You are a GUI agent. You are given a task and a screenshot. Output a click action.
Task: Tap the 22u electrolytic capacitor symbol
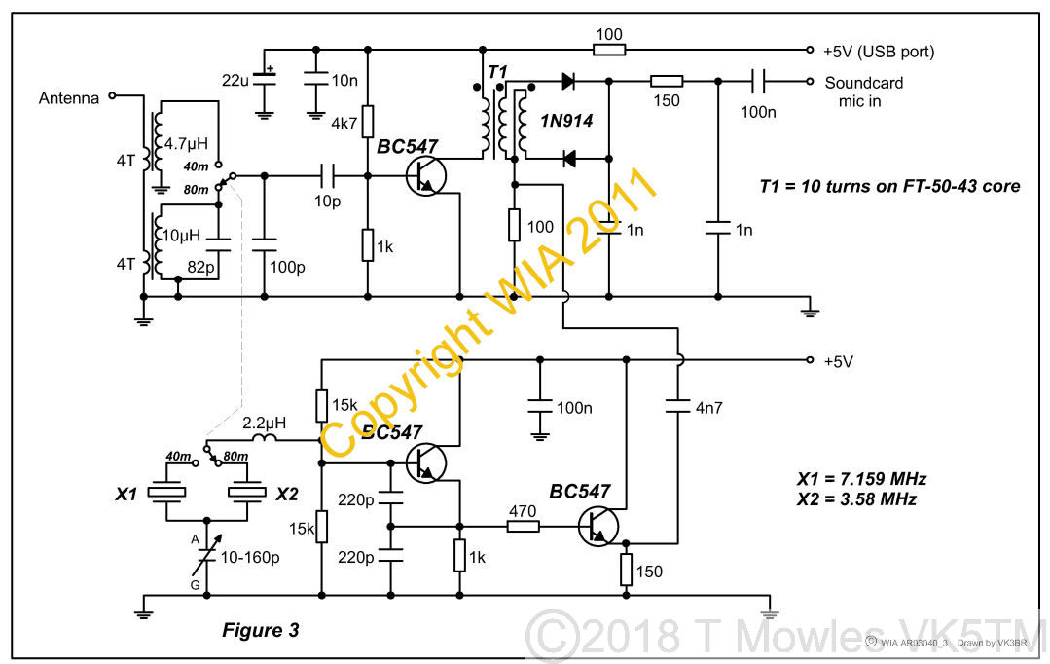point(263,77)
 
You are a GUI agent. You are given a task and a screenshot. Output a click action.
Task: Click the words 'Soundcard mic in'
point(863,92)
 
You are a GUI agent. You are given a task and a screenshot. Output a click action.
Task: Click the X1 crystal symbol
point(167,494)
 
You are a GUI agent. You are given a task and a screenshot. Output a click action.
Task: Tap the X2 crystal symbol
point(245,494)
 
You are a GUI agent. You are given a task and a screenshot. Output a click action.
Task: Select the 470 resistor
point(523,527)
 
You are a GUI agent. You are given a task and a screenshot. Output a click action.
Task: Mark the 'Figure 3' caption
point(260,630)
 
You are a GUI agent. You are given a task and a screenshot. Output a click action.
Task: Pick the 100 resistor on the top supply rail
point(608,49)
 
